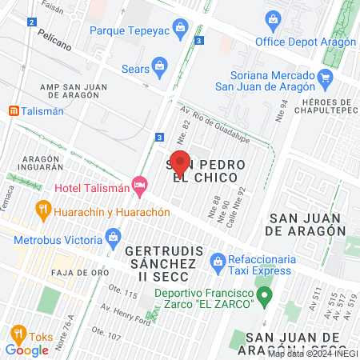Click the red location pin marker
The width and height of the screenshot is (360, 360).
point(180,163)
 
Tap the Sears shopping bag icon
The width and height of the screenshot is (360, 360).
point(160,65)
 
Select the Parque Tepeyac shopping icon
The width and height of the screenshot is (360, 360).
point(181,30)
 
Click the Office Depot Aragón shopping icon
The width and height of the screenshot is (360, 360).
point(273,18)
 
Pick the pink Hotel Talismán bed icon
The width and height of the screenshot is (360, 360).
point(141,186)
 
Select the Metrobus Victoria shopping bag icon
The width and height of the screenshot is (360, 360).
point(113,237)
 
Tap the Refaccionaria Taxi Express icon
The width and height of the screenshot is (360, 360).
point(216,260)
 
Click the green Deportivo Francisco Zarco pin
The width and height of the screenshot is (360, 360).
point(266,294)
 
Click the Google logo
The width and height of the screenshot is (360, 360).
point(26,350)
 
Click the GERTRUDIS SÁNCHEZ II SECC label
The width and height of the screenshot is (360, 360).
point(160,257)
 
